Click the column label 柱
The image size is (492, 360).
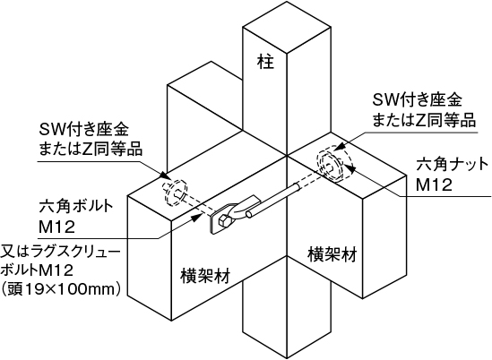coord(265,62)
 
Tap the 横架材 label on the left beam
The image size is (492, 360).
coord(205,276)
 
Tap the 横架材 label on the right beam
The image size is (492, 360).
coord(332,254)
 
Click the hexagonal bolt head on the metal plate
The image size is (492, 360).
coord(225,220)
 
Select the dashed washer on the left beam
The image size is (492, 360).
coord(176,192)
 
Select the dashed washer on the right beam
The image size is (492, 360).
coord(330,164)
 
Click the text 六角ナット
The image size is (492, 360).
coord(453,165)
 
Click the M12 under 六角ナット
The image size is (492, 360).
coord(434,184)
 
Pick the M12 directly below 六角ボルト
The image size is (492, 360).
coord(56,227)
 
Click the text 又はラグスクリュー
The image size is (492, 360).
coord(60,252)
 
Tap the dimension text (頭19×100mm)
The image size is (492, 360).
coord(61,289)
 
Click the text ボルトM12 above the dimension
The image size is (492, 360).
coord(38,270)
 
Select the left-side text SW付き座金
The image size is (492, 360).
coord(83,130)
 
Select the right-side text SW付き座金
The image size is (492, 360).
coord(417,100)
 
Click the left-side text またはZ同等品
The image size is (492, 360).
coord(91,149)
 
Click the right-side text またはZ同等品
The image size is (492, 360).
coord(424,119)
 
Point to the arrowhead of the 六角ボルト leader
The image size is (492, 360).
coord(197,216)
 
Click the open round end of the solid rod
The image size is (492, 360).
coord(249,214)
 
